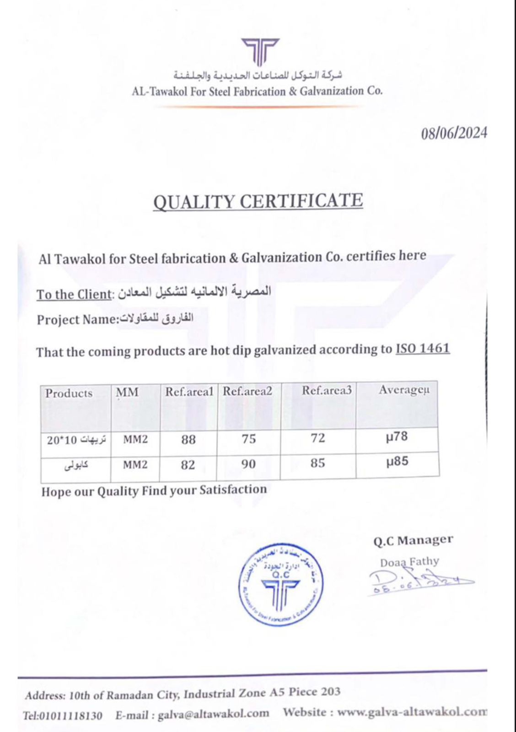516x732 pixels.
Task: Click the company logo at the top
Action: [260, 51]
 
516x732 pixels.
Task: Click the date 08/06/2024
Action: [454, 133]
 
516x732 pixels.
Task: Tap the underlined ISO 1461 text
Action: [422, 349]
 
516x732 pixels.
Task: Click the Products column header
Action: [69, 393]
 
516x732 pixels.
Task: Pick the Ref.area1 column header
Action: [189, 392]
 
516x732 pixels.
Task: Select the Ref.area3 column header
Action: [327, 390]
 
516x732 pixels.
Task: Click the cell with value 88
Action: [188, 440]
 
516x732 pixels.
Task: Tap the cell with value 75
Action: [248, 439]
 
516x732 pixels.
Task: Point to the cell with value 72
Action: [317, 438]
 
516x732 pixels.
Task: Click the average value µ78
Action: [397, 437]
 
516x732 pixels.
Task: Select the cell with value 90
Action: [248, 464]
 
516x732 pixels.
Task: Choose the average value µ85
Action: [397, 462]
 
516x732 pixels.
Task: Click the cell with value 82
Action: [188, 465]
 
